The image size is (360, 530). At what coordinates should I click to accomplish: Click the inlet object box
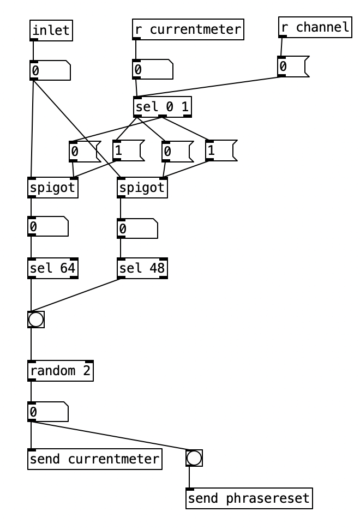click(51, 31)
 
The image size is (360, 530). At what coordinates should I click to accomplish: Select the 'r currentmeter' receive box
click(188, 29)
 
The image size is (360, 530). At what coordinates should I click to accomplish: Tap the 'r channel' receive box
click(315, 27)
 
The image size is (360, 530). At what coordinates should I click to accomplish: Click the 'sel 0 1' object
click(163, 107)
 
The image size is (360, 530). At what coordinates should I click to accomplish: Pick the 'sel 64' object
click(53, 268)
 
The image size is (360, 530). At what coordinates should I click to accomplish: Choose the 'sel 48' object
click(142, 268)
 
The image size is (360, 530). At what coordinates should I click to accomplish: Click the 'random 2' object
click(61, 371)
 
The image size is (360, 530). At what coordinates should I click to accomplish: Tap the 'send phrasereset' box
click(249, 498)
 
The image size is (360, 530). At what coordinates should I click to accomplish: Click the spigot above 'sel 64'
click(52, 188)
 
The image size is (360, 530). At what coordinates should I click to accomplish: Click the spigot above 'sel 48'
click(142, 188)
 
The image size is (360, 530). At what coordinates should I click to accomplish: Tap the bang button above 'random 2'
click(36, 320)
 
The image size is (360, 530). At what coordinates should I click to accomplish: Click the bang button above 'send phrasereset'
click(194, 458)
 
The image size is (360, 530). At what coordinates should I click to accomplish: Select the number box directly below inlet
click(50, 70)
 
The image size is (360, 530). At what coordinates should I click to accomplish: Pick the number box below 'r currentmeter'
click(152, 70)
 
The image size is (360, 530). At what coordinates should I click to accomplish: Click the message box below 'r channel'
click(292, 67)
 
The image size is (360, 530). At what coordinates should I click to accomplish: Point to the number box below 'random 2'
click(47, 412)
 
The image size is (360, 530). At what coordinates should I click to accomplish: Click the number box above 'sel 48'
click(137, 229)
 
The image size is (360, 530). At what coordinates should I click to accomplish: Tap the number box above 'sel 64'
click(47, 227)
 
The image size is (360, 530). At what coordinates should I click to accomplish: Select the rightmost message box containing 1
click(220, 150)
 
